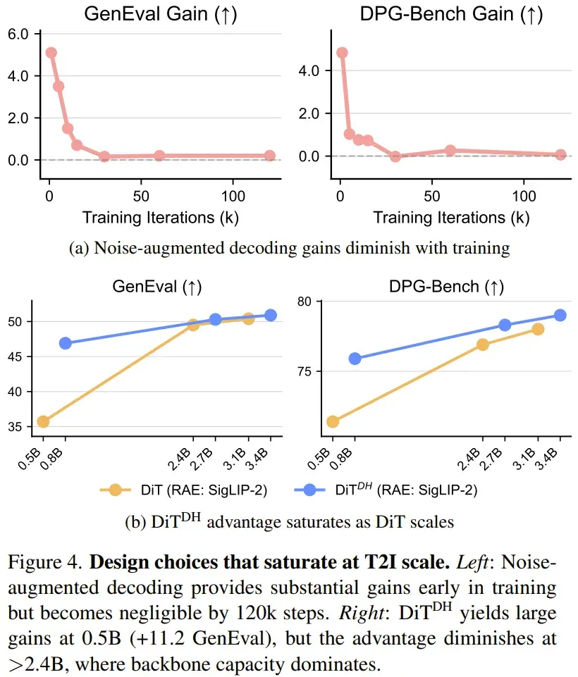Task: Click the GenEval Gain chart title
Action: coord(161,14)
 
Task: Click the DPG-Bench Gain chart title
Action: coord(451,14)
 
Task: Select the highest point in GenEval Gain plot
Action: coord(51,53)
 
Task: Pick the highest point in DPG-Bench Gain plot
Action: coord(342,53)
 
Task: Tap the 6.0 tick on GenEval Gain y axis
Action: coord(18,34)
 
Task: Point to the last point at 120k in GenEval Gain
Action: coord(269,156)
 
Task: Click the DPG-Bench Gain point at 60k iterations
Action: coord(450,150)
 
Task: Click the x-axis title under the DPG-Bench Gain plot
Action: coord(451,218)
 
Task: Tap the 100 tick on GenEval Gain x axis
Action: coord(233,197)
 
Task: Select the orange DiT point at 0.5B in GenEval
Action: coord(43,421)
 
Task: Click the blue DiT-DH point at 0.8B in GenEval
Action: coord(66,343)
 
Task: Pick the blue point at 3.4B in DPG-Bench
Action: coord(560,315)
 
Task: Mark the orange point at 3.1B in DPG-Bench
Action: coord(538,330)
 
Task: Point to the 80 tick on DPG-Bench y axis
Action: coord(304,302)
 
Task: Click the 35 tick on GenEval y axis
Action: coord(15,427)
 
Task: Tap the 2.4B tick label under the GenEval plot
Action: coord(179,459)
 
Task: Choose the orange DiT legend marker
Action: coord(115,490)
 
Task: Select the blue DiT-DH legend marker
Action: coord(309,490)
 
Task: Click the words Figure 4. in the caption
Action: coord(45,562)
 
